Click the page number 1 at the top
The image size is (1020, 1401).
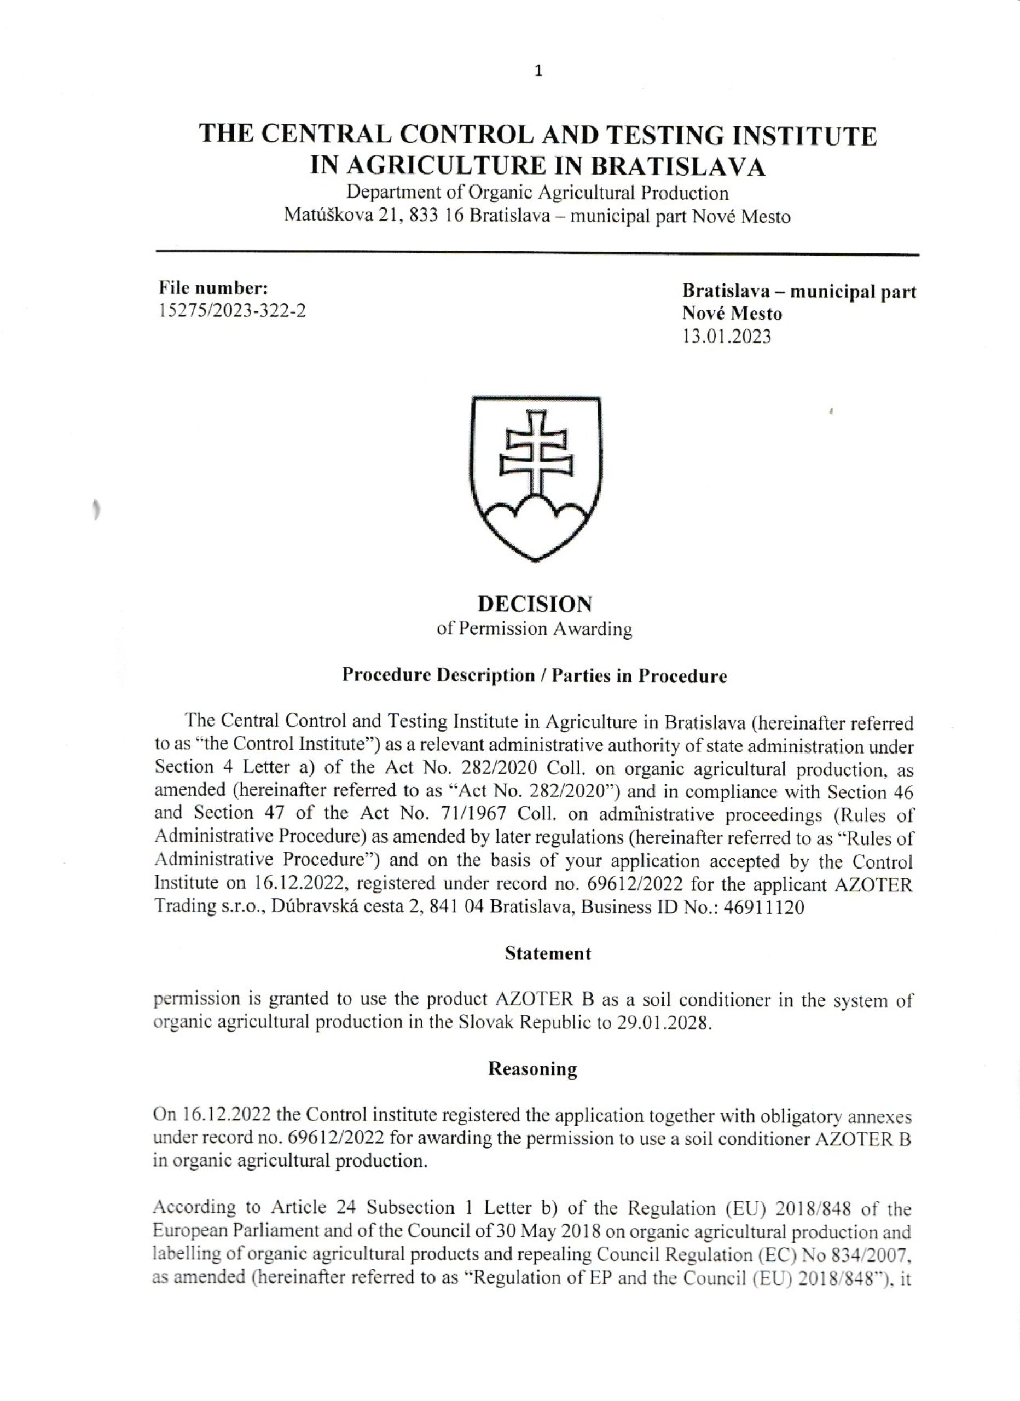[538, 71]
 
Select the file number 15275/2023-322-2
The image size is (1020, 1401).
[233, 310]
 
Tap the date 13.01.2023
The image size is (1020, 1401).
[727, 337]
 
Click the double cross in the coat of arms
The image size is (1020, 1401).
[535, 457]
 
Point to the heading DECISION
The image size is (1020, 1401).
[536, 604]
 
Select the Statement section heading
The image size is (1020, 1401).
[548, 953]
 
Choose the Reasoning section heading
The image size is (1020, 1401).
[532, 1069]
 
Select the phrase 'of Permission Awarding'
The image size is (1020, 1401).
[535, 629]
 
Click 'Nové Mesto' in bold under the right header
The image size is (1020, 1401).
[732, 314]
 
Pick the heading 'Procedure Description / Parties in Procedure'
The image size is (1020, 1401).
[535, 675]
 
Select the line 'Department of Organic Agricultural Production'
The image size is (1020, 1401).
[537, 193]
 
